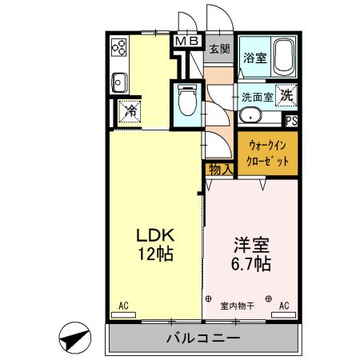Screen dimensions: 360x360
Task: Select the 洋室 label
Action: pos(250,243)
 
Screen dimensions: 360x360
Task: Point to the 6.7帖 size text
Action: pos(250,263)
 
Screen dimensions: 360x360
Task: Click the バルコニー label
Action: pos(203,338)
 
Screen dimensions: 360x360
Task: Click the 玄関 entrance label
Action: pos(218,48)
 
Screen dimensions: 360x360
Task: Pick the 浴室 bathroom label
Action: pos(254,58)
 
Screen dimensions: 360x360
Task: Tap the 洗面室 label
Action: pos(258,95)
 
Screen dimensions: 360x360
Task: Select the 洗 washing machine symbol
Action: pos(286,94)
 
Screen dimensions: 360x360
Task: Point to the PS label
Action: pos(292,122)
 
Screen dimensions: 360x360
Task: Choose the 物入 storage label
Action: pos(220,169)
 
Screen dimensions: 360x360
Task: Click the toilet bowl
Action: pos(186,100)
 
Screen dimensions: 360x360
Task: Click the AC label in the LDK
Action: pos(123,305)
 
